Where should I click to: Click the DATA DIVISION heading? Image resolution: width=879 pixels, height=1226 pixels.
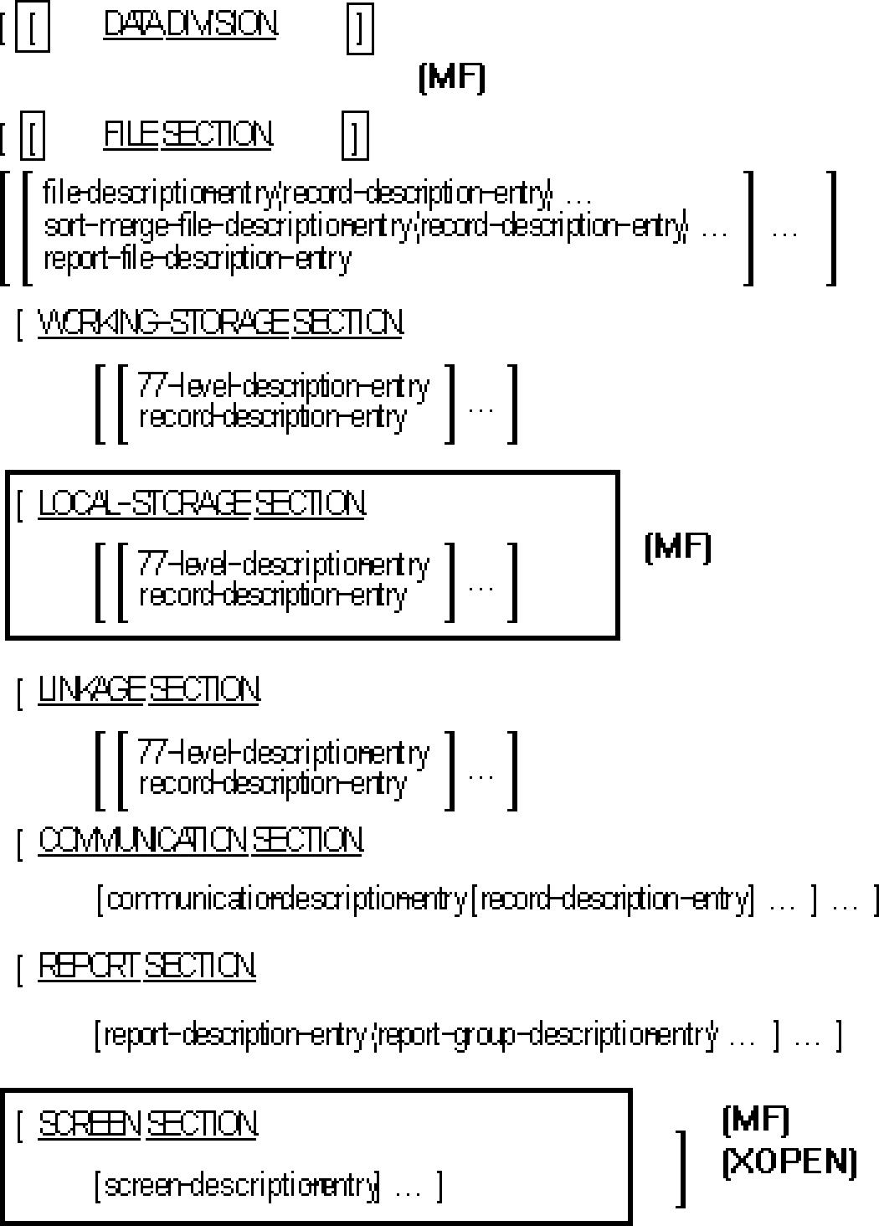(x=190, y=25)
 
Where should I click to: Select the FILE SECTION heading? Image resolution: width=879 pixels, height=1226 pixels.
(x=188, y=134)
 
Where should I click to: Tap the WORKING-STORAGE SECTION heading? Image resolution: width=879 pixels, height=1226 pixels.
(x=220, y=322)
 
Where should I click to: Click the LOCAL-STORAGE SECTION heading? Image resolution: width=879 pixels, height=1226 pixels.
(x=201, y=504)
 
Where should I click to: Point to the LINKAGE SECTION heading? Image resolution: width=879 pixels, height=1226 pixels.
(x=148, y=690)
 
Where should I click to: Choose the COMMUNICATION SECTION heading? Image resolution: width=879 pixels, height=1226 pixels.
(x=200, y=840)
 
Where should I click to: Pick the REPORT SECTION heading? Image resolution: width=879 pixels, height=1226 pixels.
(x=146, y=966)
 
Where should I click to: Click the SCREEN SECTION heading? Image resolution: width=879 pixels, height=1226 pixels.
(x=147, y=1125)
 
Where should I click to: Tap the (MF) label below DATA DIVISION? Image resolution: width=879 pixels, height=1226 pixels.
(x=451, y=78)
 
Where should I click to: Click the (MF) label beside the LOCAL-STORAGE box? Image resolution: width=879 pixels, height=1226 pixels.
(x=678, y=548)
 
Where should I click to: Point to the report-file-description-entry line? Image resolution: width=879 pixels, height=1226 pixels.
(x=197, y=259)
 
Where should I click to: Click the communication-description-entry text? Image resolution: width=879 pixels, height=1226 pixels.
(x=286, y=899)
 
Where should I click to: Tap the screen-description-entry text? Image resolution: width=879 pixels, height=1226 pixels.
(x=242, y=1186)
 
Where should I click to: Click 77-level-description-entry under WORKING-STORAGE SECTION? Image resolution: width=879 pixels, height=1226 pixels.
(x=283, y=386)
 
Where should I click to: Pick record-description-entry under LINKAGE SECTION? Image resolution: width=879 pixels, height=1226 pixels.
(x=272, y=784)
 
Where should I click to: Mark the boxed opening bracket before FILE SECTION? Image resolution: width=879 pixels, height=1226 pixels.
(x=32, y=137)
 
